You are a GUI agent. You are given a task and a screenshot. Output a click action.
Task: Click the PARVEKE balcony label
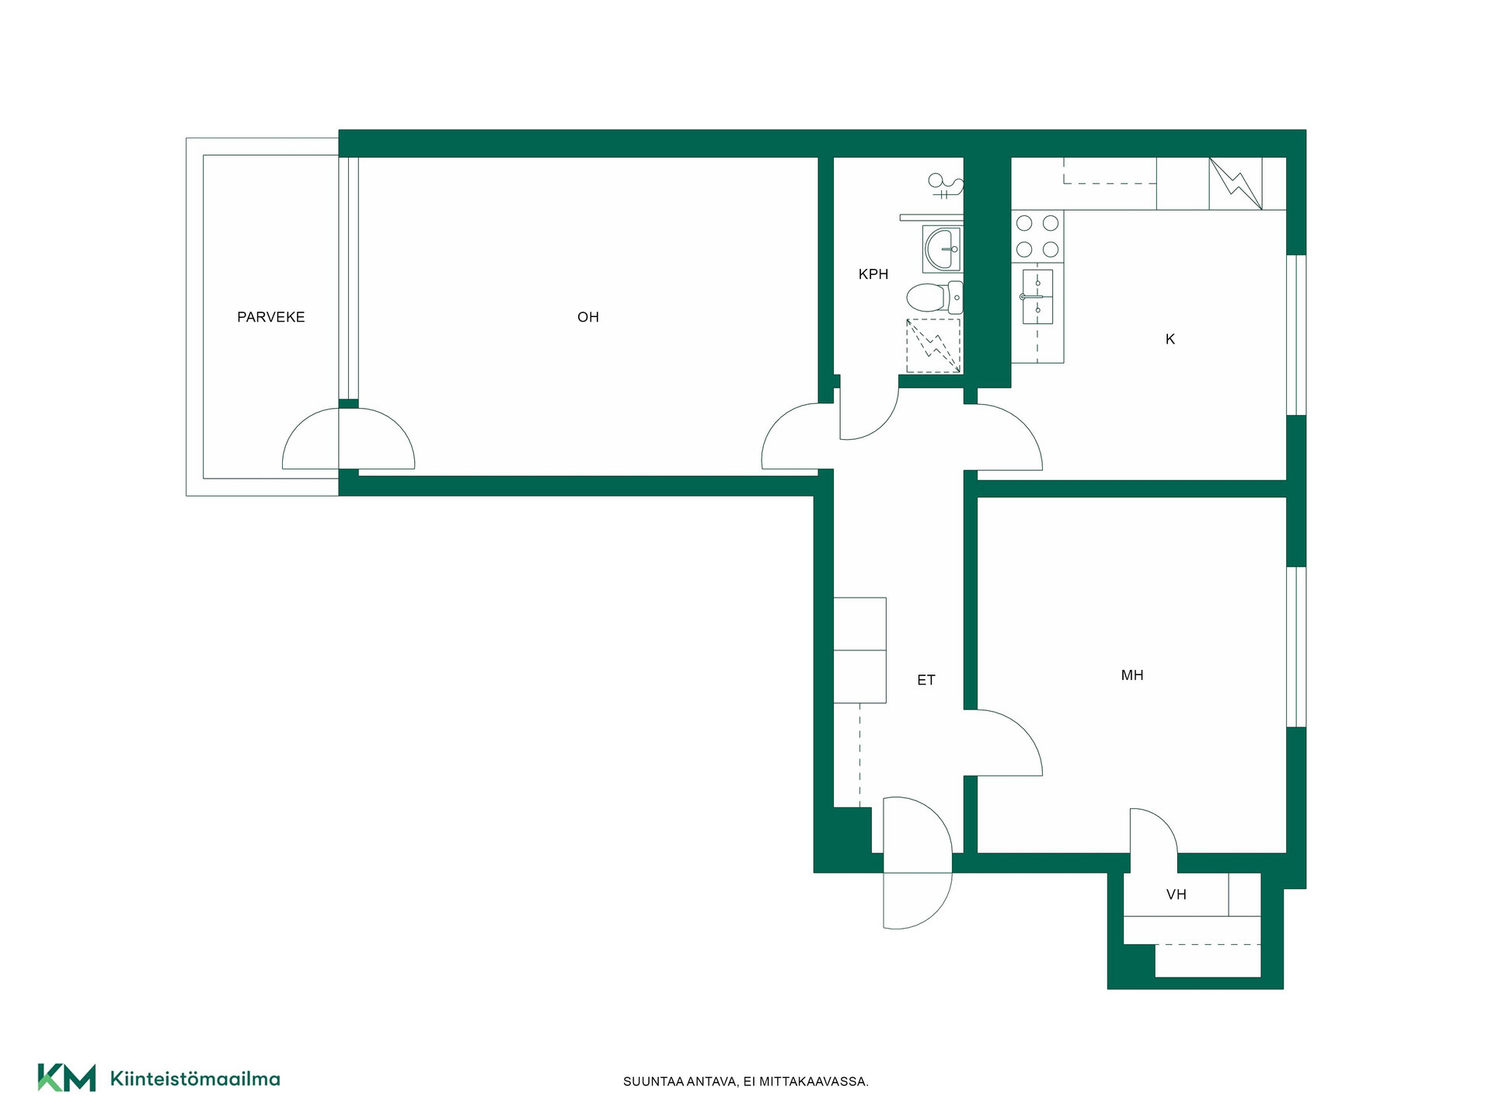[270, 317]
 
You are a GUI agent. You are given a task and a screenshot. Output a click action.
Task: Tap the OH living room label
[588, 317]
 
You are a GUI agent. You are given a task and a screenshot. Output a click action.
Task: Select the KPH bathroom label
[873, 274]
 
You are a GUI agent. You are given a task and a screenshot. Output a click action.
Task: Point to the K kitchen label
[1170, 340]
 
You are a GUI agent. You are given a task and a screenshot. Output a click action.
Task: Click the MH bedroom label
[1132, 676]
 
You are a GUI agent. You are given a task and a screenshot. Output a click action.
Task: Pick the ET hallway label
[926, 681]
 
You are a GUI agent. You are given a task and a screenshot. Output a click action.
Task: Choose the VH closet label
[1177, 895]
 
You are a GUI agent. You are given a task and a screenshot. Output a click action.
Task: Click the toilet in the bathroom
[935, 298]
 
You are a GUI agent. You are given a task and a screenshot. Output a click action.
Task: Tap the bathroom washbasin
[943, 249]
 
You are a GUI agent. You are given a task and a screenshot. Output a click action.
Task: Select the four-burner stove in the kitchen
[1037, 236]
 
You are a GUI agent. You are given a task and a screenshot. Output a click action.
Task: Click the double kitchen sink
[1037, 297]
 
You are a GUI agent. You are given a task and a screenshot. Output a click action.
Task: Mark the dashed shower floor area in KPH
[933, 346]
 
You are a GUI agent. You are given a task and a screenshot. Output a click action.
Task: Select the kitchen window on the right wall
[1296, 335]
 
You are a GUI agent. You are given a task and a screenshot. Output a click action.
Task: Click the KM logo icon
[67, 1078]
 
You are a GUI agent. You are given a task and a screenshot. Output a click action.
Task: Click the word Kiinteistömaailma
[195, 1079]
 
